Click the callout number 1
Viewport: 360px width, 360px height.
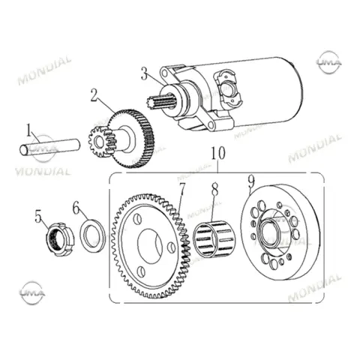click(x=29, y=130)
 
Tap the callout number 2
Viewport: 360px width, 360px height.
click(x=94, y=95)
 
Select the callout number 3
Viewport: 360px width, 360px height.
click(x=144, y=73)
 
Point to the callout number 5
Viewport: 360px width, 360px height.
click(x=38, y=217)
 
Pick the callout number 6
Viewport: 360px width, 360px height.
click(x=76, y=208)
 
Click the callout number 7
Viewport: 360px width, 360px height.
click(x=181, y=189)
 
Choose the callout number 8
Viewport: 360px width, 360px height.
click(x=214, y=189)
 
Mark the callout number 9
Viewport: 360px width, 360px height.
click(x=251, y=181)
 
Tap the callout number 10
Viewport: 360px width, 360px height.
click(x=218, y=153)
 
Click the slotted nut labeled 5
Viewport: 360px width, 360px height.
click(x=60, y=239)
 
